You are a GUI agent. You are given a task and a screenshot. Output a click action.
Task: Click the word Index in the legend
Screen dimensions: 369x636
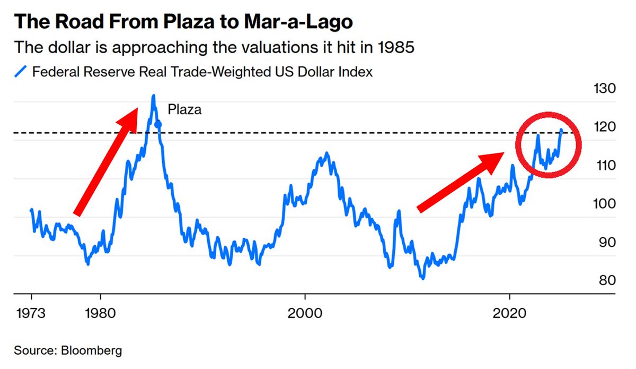(356, 72)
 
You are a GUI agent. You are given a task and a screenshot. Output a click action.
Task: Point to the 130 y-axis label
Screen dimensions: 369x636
(604, 88)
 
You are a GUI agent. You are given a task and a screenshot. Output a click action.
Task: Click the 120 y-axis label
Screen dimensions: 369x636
(604, 127)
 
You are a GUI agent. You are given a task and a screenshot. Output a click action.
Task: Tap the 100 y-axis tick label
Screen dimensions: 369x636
(604, 204)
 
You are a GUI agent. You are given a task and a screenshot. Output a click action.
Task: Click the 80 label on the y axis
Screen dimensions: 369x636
(607, 281)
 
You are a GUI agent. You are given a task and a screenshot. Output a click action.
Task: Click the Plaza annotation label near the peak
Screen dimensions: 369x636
(184, 110)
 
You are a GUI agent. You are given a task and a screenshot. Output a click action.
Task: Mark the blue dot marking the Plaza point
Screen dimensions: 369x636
(158, 124)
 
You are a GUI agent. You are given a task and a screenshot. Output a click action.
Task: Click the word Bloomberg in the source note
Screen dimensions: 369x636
(92, 350)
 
